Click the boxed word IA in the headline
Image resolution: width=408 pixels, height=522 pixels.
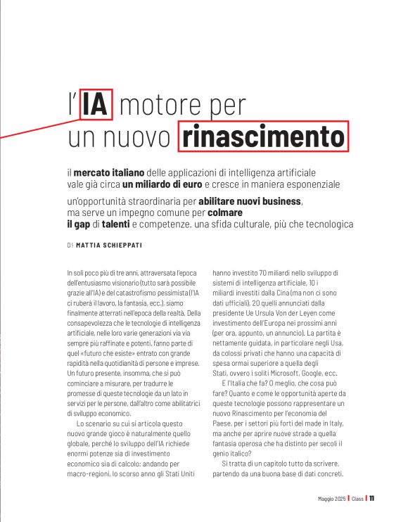96,105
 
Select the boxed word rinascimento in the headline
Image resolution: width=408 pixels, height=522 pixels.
262,136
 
